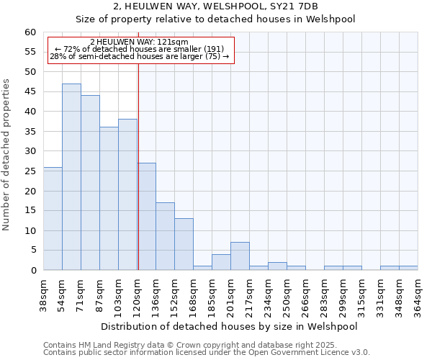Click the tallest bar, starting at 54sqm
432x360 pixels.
[x=71, y=177]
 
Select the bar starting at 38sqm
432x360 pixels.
[x=53, y=219]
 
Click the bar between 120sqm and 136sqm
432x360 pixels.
[x=146, y=217]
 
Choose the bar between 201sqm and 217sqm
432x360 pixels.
[x=240, y=256]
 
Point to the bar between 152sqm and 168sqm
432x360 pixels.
[x=184, y=244]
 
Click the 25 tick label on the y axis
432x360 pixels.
[x=30, y=171]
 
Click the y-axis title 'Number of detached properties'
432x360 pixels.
[x=7, y=156]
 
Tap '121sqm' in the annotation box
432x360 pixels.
[x=173, y=42]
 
